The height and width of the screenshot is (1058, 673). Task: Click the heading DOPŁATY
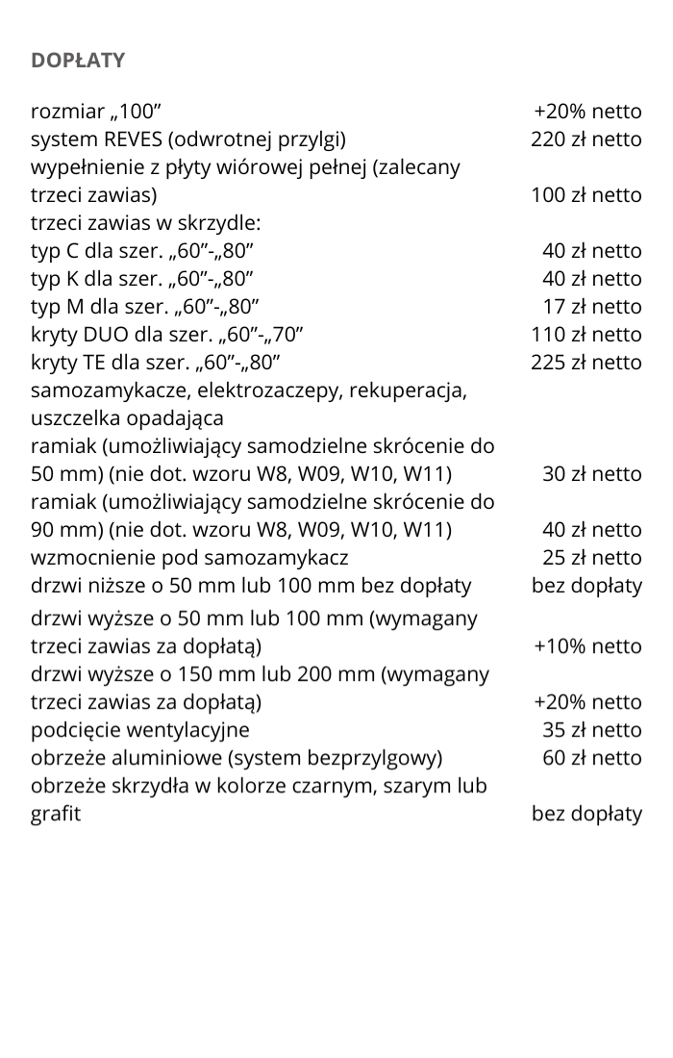click(78, 61)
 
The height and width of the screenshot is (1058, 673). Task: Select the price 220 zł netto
click(586, 139)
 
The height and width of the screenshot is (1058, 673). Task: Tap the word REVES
click(128, 139)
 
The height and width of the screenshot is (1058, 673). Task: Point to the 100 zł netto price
click(586, 195)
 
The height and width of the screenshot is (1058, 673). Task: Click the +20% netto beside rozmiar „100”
click(587, 112)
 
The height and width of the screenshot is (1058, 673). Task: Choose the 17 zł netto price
click(591, 307)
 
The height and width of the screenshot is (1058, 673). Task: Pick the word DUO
click(104, 335)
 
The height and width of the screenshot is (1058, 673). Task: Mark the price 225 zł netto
click(586, 363)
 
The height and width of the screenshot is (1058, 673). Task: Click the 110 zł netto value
click(586, 335)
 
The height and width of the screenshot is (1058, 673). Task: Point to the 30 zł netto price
click(591, 474)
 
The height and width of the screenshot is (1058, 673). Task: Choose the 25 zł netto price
click(591, 558)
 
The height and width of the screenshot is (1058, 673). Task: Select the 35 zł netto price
click(591, 730)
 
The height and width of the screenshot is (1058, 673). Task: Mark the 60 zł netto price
click(591, 758)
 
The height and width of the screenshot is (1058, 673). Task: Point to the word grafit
click(56, 814)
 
